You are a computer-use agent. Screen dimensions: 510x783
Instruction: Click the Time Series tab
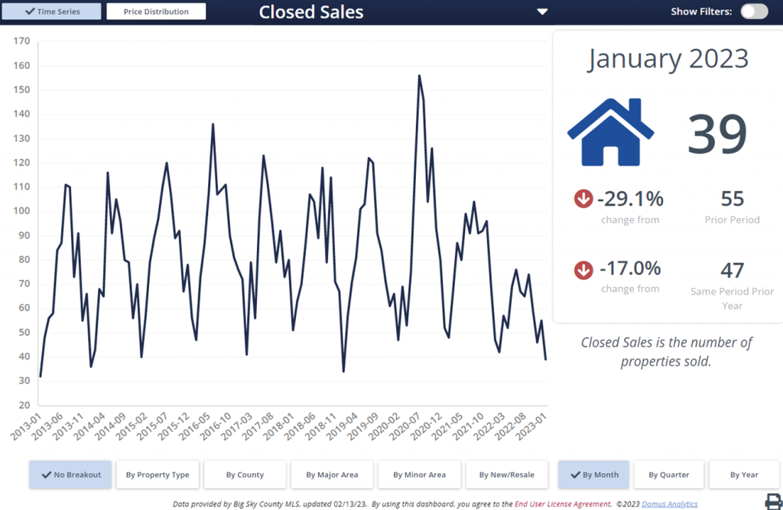click(52, 11)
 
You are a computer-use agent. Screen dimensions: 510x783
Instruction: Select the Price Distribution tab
click(156, 11)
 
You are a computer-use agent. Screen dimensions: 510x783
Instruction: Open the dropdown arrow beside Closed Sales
click(542, 11)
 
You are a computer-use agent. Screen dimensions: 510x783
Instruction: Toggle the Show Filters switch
click(754, 11)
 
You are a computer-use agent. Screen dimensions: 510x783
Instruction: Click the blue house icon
click(610, 132)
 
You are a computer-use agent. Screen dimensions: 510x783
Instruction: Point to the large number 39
click(716, 134)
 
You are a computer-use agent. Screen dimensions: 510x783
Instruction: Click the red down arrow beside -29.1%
click(583, 200)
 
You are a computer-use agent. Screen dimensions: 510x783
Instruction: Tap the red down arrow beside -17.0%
click(583, 270)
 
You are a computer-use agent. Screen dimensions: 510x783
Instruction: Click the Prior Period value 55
click(733, 199)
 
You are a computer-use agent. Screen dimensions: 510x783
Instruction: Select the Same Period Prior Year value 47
click(733, 270)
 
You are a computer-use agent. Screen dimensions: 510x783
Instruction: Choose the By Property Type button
click(158, 475)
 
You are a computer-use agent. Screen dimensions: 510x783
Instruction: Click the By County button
click(245, 475)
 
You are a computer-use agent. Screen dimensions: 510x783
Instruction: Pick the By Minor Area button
click(419, 475)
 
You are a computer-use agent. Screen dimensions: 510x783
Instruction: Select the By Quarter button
click(668, 475)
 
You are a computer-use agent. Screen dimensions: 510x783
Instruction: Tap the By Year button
click(744, 475)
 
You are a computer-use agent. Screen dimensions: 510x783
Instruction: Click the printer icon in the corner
click(773, 501)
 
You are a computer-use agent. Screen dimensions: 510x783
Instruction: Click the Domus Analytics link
click(671, 503)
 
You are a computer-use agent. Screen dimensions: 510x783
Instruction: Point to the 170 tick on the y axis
click(21, 41)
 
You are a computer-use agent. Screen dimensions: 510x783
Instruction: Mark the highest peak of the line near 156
click(419, 76)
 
